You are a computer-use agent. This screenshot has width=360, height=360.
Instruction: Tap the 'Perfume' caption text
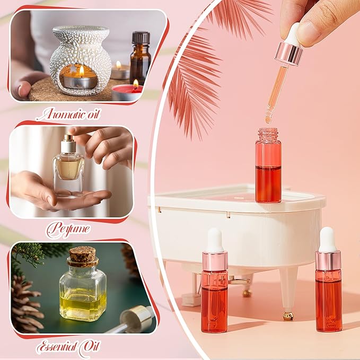coord(67,229)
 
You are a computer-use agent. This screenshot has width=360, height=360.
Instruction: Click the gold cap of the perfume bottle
coord(67,142)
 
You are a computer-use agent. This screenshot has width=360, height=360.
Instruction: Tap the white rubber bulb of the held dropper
coord(293,34)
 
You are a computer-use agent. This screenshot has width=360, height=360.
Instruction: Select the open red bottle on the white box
coord(268,167)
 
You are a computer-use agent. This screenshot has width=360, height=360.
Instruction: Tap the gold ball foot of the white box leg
coord(288,316)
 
